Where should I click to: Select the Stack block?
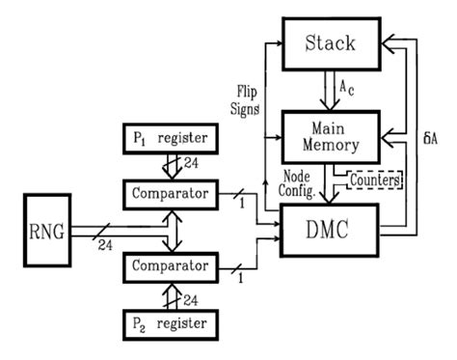pos(330,43)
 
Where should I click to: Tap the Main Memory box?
pos(330,136)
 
